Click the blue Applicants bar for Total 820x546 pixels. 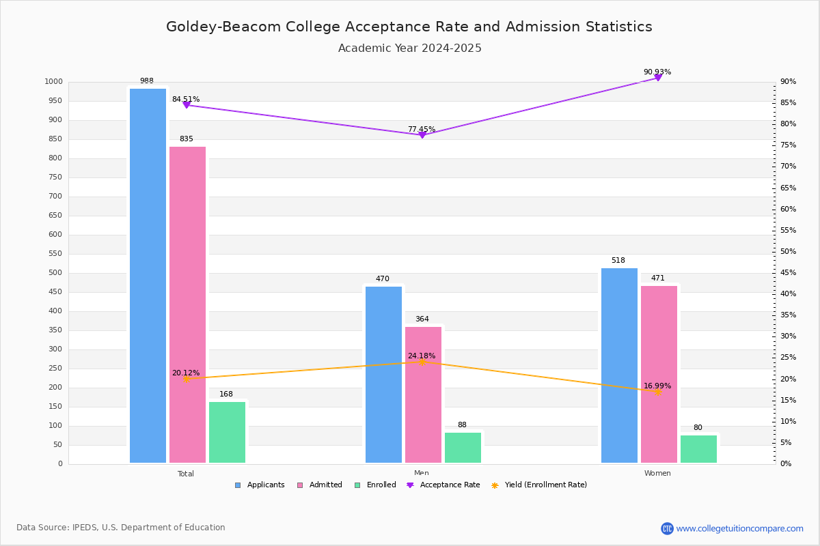point(148,276)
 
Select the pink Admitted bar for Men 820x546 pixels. point(423,395)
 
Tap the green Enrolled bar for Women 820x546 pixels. point(698,449)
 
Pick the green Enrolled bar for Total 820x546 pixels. point(227,432)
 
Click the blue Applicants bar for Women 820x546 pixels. point(619,366)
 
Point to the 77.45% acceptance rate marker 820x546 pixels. point(422,135)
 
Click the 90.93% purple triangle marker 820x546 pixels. point(658,78)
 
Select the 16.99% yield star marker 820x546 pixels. point(658,392)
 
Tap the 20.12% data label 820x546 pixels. point(186,373)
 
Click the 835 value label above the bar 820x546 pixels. point(187,139)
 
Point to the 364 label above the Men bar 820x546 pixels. point(422,319)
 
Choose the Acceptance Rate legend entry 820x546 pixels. point(443,485)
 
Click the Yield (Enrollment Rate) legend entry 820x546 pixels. point(539,485)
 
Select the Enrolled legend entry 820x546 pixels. point(375,485)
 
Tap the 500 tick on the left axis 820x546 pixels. point(55,272)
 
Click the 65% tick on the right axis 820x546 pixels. point(788,188)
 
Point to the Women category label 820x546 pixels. point(657,473)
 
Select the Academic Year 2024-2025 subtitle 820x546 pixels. point(409,48)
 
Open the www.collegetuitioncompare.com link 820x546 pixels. point(739,528)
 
